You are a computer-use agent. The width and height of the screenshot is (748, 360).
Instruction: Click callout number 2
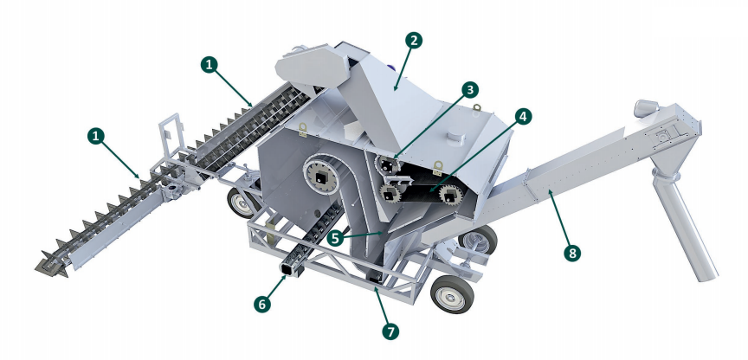[x=414, y=41]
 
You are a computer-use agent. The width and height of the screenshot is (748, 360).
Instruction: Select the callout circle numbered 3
[x=470, y=89]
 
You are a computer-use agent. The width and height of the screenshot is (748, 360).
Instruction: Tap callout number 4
[x=523, y=117]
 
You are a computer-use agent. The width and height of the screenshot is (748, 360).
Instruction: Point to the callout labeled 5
[x=335, y=238]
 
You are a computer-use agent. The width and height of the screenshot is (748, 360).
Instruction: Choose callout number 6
[x=261, y=304]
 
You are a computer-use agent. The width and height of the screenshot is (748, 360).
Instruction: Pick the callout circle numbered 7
[x=390, y=331]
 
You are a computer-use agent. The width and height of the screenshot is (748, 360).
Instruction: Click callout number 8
[x=572, y=253]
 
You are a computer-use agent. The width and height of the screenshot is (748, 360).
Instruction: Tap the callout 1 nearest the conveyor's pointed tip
[x=96, y=137]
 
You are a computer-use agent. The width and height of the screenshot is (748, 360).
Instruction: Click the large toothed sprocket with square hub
[x=320, y=177]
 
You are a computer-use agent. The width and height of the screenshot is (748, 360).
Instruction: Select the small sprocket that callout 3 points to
[x=386, y=165]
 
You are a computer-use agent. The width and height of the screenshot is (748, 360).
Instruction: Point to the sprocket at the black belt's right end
[x=451, y=195]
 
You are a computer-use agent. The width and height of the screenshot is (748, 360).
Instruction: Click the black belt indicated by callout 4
[x=420, y=192]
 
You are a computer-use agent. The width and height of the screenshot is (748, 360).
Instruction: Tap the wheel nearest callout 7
[x=452, y=293]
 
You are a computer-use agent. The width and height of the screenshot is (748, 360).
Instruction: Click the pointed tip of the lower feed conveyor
[x=39, y=269]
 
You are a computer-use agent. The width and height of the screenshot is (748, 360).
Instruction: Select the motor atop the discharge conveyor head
[x=646, y=108]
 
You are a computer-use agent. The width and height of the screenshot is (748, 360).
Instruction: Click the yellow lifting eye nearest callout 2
[x=475, y=109]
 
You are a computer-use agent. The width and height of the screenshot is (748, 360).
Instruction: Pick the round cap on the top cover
[x=455, y=138]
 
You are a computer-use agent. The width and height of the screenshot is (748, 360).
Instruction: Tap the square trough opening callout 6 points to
[x=291, y=270]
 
